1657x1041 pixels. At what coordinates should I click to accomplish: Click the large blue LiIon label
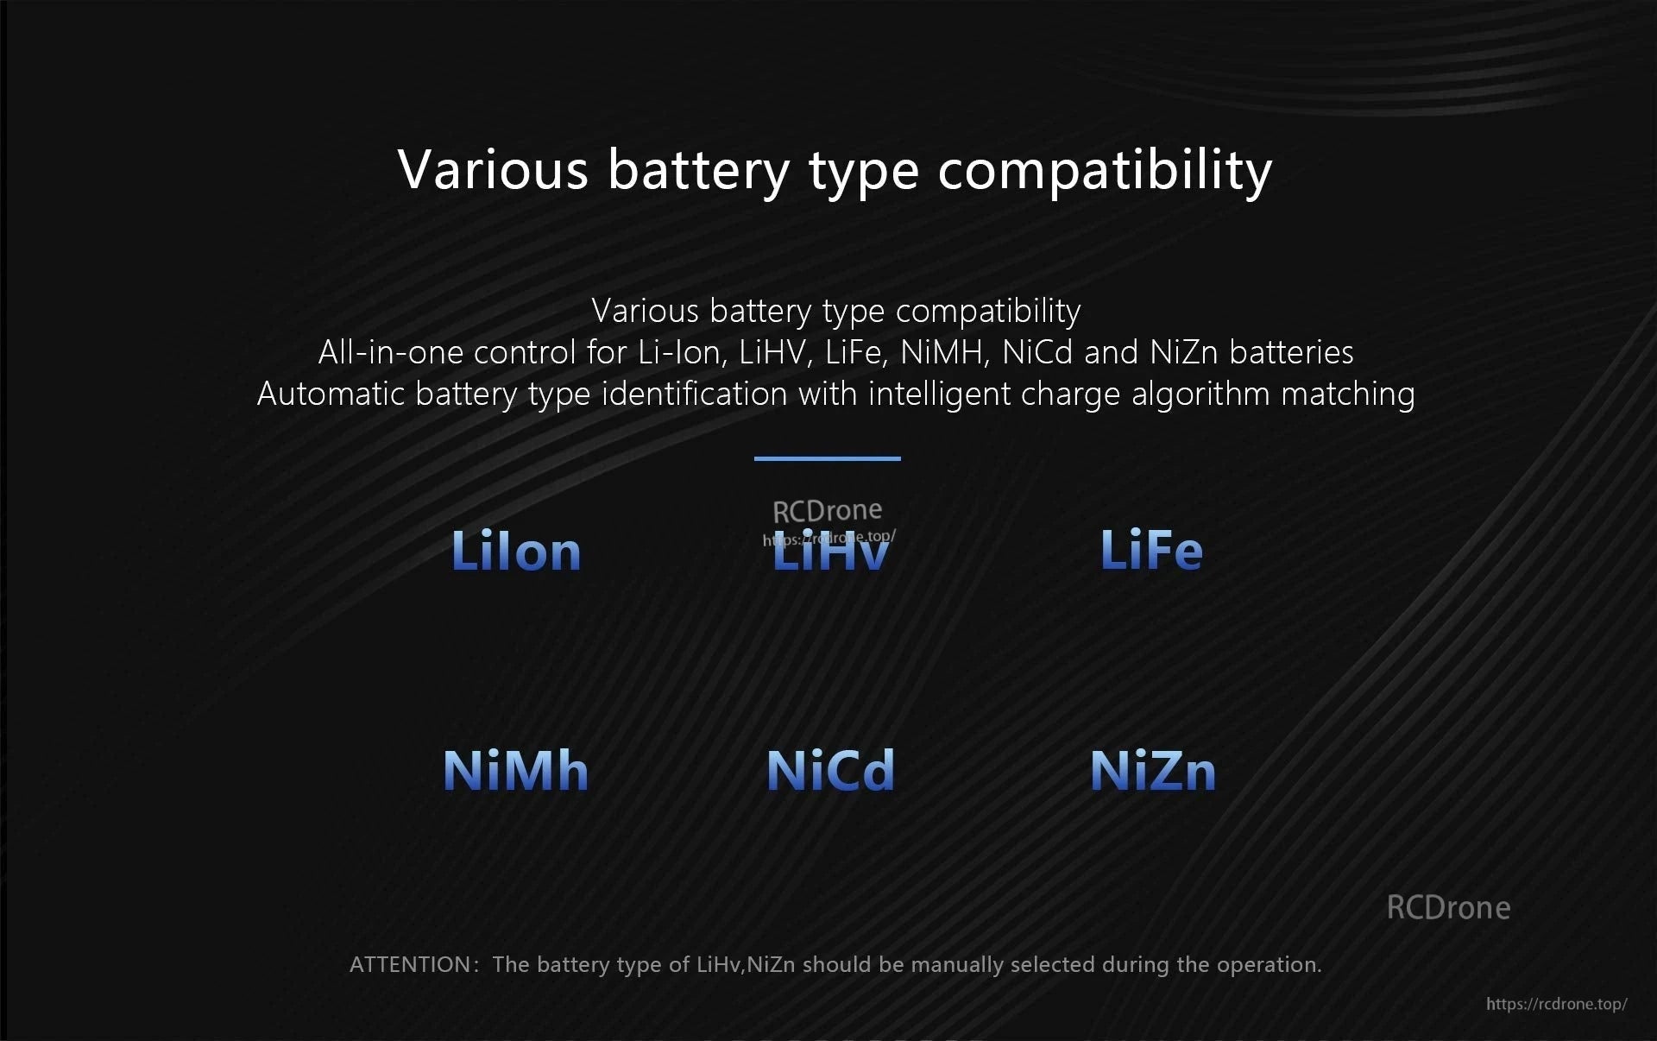point(516,551)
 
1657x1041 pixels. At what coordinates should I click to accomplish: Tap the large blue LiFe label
point(1151,550)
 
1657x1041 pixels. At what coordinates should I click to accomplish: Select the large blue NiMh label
point(515,770)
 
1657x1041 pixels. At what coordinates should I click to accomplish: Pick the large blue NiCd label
point(830,770)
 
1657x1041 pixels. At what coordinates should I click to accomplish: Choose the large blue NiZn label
point(1153,770)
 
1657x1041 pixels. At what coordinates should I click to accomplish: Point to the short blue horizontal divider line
point(827,458)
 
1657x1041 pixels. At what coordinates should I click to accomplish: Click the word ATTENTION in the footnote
point(409,964)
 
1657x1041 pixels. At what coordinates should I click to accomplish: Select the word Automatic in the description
point(331,394)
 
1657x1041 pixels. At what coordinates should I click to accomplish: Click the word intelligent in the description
point(939,394)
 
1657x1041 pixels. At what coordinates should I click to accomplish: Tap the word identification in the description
point(695,394)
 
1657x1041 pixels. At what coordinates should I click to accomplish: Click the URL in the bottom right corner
point(1556,1004)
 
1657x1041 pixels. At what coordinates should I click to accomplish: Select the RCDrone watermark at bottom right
point(1448,907)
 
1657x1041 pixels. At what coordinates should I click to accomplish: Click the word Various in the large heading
point(493,169)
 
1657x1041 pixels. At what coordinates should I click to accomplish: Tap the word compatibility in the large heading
point(1105,171)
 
